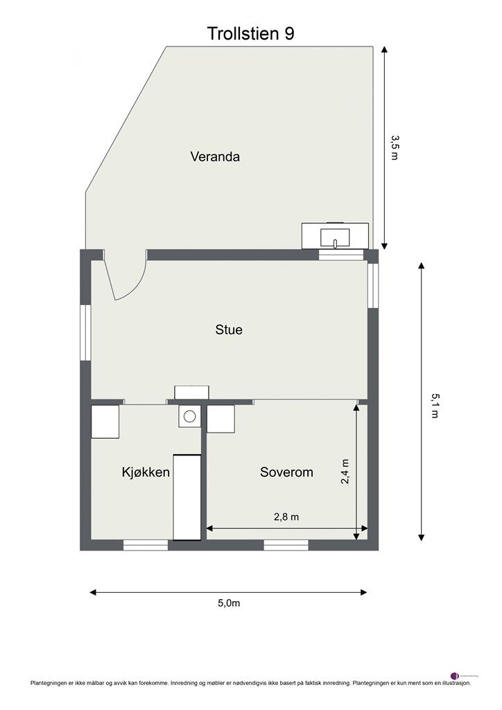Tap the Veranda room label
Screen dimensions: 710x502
[215, 157]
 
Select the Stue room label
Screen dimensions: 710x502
[229, 330]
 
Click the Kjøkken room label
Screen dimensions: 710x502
[146, 473]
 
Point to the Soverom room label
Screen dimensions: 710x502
[286, 473]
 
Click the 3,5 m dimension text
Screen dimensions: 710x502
[395, 148]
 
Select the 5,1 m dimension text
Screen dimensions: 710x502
[435, 406]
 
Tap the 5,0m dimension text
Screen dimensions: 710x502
[229, 603]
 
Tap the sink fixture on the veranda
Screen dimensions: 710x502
[335, 236]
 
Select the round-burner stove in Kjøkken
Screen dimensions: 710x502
[189, 416]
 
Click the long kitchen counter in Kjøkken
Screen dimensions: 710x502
[187, 496]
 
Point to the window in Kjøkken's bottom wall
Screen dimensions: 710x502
[146, 546]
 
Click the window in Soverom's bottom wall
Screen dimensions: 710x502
[286, 546]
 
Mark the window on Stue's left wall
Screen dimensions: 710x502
[86, 333]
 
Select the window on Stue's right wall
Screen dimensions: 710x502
[373, 286]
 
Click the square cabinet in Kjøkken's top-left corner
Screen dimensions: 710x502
[105, 422]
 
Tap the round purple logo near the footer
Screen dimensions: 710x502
[455, 675]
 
